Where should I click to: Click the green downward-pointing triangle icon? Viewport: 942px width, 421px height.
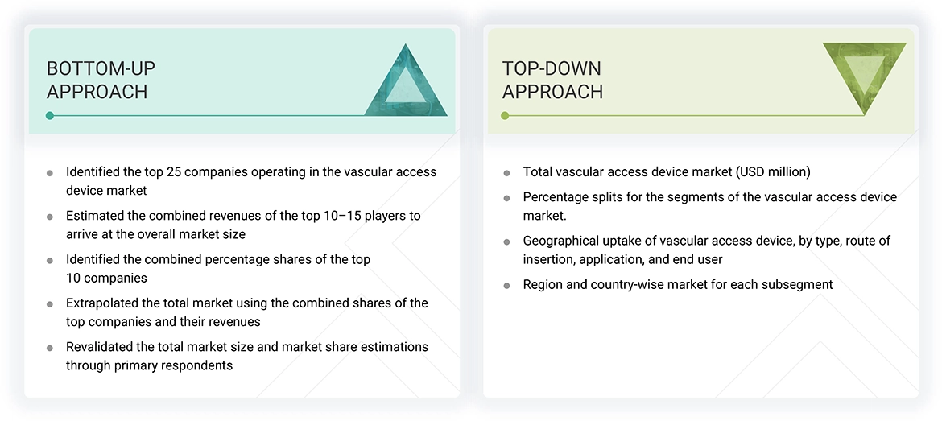[865, 74]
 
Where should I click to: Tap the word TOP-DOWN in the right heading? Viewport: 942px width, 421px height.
[552, 68]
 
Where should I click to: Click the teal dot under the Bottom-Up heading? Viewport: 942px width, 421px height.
[50, 116]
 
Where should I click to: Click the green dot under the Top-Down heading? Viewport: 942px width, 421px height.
[505, 116]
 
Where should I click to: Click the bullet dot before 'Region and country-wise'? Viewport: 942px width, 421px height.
[506, 286]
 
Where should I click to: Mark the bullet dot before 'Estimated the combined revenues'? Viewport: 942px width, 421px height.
[50, 217]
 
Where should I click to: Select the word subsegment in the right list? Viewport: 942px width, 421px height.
[800, 284]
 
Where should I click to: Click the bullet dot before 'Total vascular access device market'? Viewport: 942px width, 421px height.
[506, 173]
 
